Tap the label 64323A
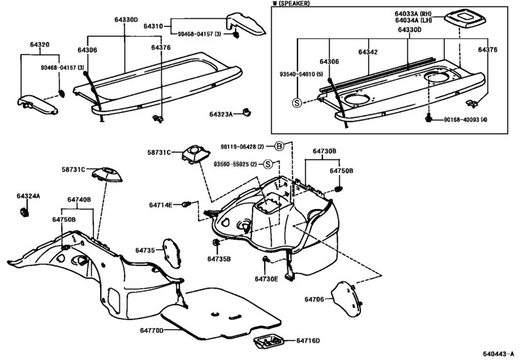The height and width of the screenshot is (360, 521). point(222,114)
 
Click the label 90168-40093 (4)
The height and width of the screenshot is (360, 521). point(463,120)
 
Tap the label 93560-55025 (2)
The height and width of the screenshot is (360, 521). point(236,165)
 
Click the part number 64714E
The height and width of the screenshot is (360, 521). point(161,205)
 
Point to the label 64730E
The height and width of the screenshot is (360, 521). point(266,279)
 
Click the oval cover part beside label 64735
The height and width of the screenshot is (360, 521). point(170,250)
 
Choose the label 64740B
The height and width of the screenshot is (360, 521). point(80,200)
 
